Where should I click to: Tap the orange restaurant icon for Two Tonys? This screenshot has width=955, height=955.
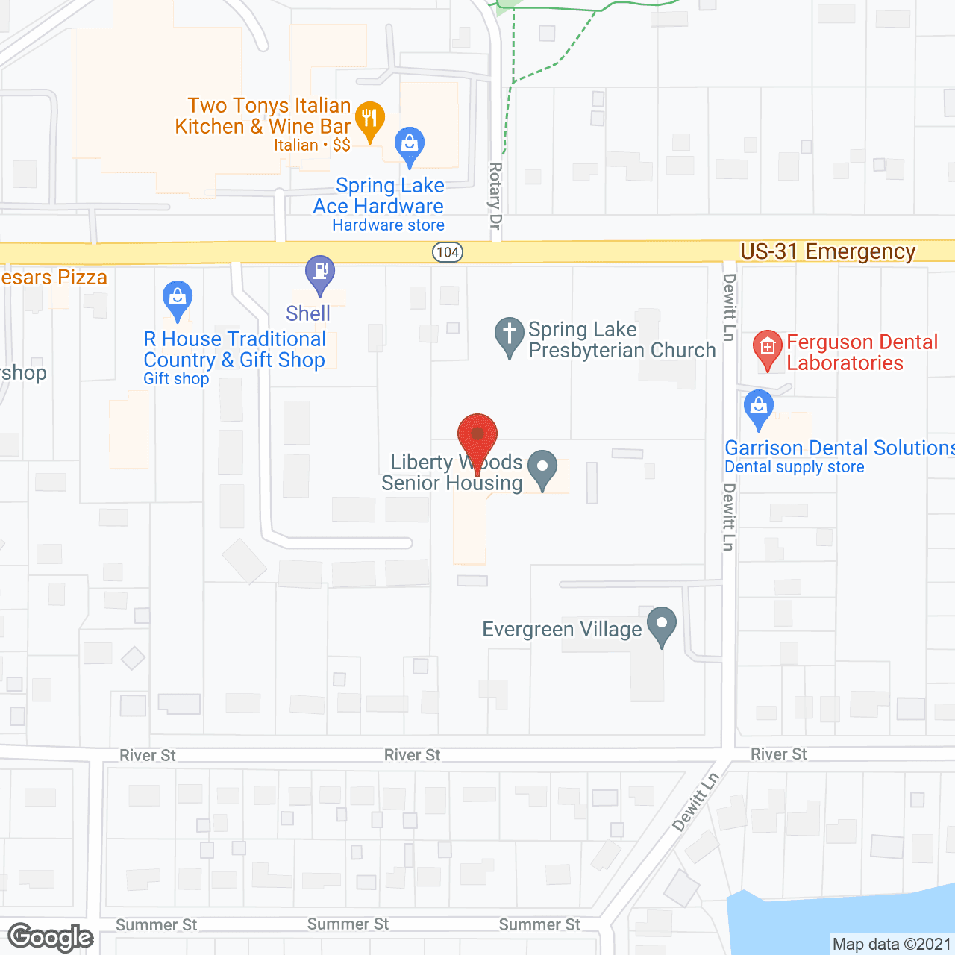369,119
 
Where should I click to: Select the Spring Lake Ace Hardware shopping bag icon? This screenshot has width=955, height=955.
409,143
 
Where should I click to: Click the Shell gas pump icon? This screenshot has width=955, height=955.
320,272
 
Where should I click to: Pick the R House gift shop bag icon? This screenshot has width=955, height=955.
178,298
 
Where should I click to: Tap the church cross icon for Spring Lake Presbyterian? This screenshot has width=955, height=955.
510,334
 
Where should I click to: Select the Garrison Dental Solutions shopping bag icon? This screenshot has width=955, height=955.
759,407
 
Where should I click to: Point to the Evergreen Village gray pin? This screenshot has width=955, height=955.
662,624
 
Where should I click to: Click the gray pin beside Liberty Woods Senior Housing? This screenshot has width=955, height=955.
542,469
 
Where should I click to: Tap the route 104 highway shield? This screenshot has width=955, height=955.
448,252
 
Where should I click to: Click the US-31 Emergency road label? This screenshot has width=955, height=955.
827,252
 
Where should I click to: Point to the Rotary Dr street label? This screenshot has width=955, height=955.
495,195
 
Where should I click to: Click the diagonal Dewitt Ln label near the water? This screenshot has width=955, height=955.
695,801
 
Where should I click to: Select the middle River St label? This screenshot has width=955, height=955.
412,755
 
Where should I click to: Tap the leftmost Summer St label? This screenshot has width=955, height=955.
156,925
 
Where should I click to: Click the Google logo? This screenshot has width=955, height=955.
51,937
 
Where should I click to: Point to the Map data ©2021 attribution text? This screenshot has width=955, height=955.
892,945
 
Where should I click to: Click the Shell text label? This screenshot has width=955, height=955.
308,313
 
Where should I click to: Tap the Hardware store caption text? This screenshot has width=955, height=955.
388,225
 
